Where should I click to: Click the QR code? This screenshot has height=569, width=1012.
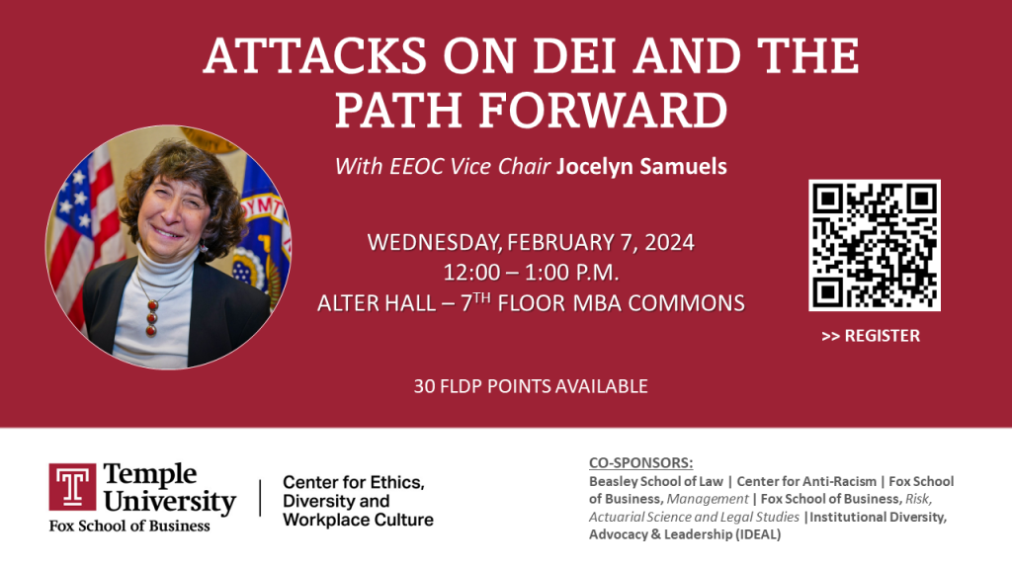[x=875, y=245]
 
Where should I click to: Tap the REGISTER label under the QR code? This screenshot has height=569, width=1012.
[x=883, y=336]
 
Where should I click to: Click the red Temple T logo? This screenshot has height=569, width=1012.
[x=72, y=487]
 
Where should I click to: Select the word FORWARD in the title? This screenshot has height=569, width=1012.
[x=604, y=111]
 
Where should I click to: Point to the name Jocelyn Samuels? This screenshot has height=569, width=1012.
[x=641, y=166]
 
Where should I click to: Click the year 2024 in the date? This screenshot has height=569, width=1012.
[x=669, y=243]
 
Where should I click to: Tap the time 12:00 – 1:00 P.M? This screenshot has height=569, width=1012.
[x=531, y=273]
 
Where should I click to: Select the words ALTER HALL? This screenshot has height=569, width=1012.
[x=377, y=303]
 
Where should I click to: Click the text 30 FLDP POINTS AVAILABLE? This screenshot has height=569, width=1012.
[x=531, y=386]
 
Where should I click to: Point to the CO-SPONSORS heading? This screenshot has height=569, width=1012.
[x=640, y=462]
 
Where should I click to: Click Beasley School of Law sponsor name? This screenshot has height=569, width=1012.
[x=656, y=481]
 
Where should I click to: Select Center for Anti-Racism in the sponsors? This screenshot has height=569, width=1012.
[x=806, y=481]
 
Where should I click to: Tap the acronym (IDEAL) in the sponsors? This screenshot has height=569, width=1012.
[x=758, y=534]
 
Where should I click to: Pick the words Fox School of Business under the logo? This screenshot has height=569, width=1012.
[x=129, y=526]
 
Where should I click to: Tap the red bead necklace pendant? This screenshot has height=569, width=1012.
[x=151, y=317]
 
